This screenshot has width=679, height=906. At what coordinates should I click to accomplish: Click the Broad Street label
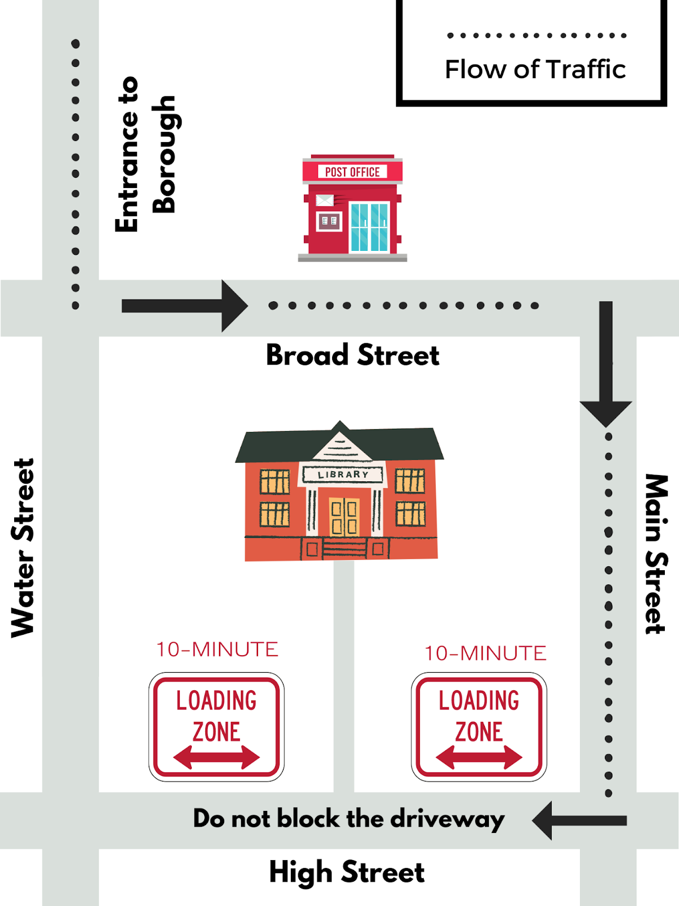[353, 356]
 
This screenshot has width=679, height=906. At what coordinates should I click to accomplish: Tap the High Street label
[346, 872]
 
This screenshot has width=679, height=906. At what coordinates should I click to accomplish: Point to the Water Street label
[24, 548]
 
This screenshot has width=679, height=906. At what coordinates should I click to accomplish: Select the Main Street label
[656, 554]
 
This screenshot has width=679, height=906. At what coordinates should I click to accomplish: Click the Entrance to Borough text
[146, 154]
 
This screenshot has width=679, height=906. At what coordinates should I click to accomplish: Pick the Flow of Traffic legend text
[535, 70]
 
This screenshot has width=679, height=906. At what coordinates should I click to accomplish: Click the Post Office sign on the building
[352, 172]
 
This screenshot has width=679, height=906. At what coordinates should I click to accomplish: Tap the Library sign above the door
[343, 475]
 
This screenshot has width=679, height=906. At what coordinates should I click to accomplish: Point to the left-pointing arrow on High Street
[579, 820]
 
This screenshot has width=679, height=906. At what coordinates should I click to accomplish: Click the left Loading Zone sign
[216, 727]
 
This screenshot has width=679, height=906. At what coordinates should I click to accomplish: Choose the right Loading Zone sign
[479, 727]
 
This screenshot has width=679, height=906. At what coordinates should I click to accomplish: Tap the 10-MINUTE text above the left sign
[217, 649]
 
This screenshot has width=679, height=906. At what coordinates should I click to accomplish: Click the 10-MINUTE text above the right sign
[485, 653]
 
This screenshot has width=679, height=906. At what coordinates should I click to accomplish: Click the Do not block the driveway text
[349, 819]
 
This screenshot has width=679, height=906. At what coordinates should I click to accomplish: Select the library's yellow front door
[344, 516]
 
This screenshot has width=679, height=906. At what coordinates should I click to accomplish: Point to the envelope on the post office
[325, 200]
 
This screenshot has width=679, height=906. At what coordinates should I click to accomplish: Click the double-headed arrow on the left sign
[216, 757]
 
